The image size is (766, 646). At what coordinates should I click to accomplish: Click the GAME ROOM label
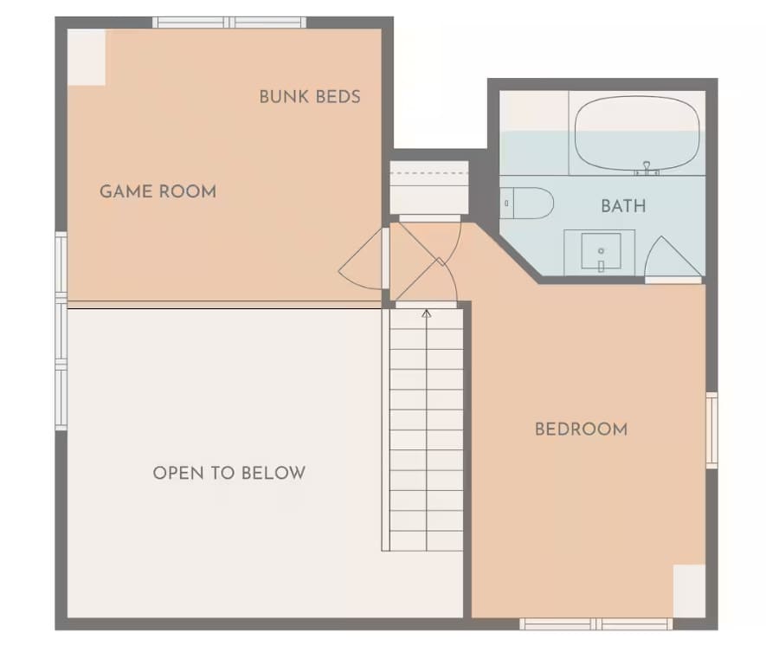click(x=158, y=191)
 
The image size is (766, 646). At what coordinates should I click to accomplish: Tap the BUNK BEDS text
click(x=310, y=97)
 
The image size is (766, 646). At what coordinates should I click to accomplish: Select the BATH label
click(x=623, y=206)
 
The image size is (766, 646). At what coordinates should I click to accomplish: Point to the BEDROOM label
click(x=582, y=429)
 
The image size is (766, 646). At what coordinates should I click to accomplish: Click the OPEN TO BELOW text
click(x=229, y=473)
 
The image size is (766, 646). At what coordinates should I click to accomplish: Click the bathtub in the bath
click(x=639, y=133)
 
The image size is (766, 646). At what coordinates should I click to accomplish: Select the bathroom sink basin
click(x=601, y=251)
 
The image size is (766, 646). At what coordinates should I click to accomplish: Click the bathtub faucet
click(x=647, y=168)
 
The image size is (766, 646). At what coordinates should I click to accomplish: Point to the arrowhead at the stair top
click(x=427, y=313)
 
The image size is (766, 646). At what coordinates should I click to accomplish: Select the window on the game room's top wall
click(x=229, y=23)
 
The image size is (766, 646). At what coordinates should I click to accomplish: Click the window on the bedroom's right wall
click(x=711, y=430)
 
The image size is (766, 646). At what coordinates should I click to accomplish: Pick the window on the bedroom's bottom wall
click(x=596, y=624)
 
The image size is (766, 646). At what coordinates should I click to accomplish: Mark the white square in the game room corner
click(x=87, y=57)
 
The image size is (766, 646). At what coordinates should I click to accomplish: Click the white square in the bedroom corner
click(x=689, y=591)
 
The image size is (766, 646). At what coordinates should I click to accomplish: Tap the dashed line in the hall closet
click(x=429, y=173)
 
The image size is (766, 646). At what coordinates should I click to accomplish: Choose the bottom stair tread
click(x=427, y=541)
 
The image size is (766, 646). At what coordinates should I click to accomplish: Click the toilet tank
click(x=506, y=203)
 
